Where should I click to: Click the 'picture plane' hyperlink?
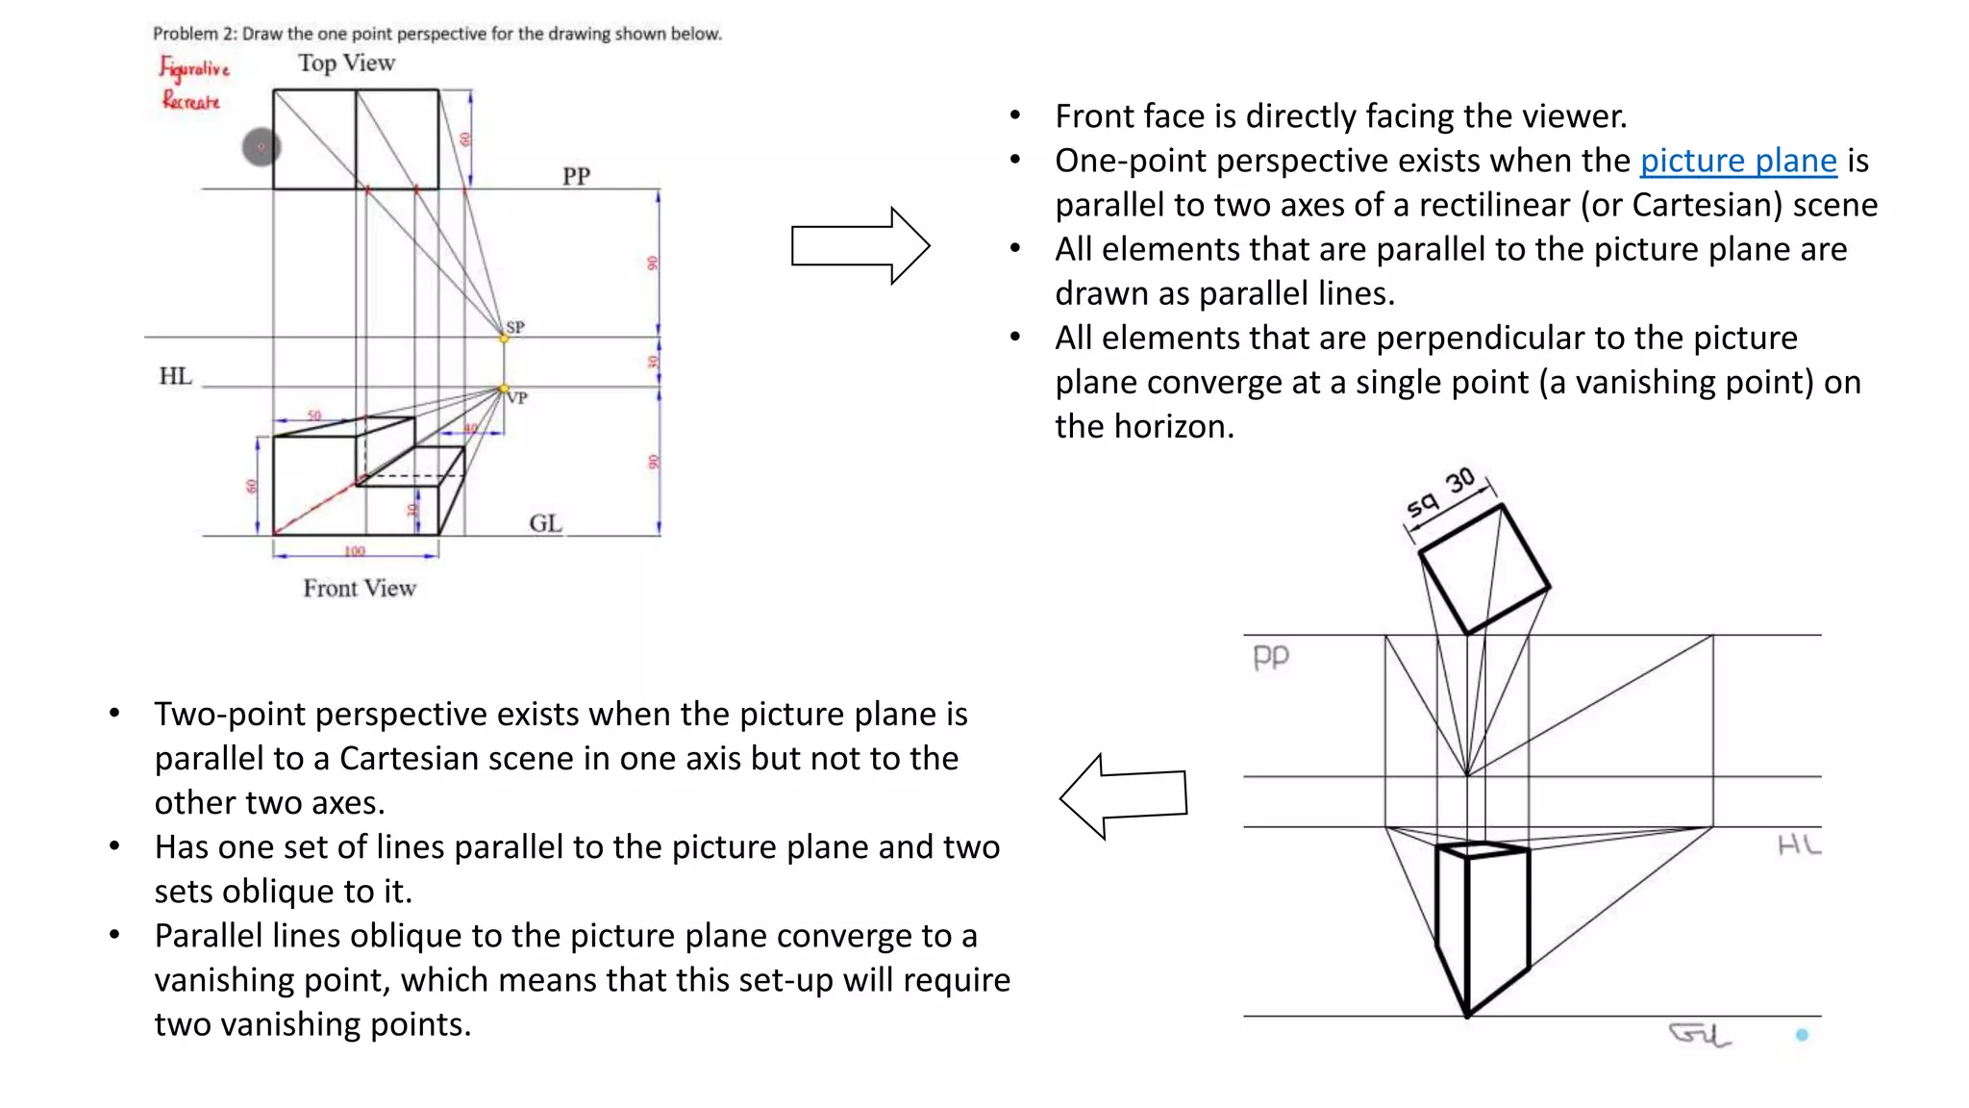tap(1737, 161)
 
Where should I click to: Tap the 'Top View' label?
tap(346, 63)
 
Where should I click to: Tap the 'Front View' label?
tap(360, 588)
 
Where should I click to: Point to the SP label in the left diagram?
tap(516, 327)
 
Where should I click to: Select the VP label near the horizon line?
tap(518, 397)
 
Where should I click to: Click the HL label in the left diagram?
tap(175, 376)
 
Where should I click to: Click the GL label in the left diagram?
tap(545, 523)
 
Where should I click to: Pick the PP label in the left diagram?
tap(576, 176)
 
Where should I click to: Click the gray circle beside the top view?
tap(261, 147)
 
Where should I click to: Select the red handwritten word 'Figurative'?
tap(194, 69)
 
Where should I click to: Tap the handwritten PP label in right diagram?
tap(1270, 657)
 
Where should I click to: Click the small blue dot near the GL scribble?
tap(1802, 1035)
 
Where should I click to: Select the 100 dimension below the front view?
tap(355, 551)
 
